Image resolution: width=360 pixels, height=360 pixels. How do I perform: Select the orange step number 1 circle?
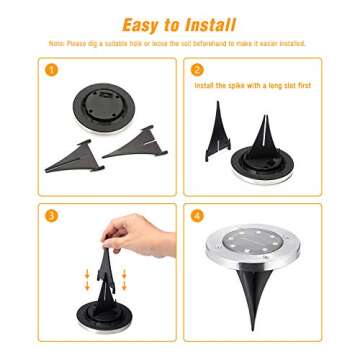(51, 70)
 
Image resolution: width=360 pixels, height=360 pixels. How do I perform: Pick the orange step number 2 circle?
(197, 70)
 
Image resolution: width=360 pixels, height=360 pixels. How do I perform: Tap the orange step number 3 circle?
(51, 214)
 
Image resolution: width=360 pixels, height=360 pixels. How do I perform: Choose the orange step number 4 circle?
(197, 214)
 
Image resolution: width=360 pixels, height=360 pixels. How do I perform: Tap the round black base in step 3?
(105, 319)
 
